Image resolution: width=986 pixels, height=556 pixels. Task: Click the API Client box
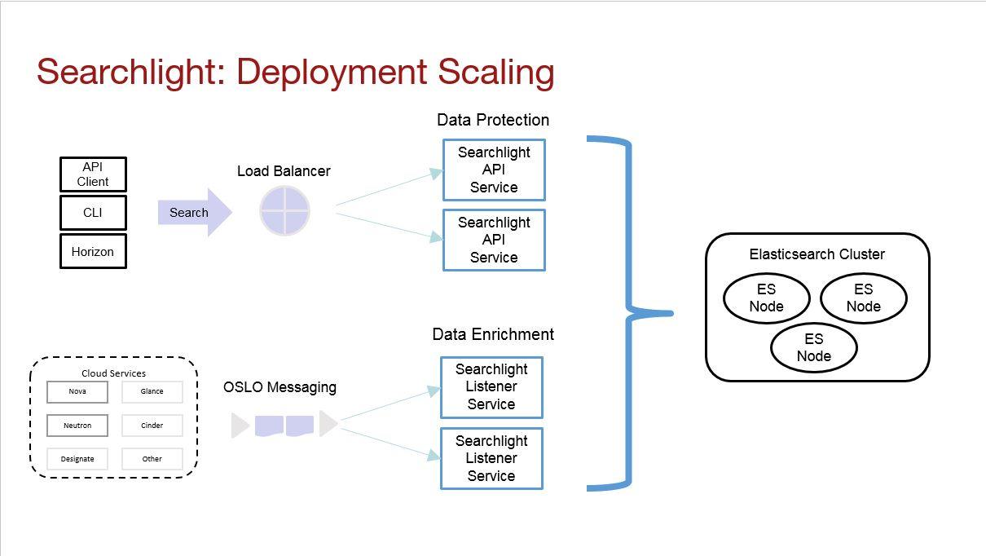pyautogui.click(x=93, y=174)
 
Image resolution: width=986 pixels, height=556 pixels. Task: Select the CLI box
pyautogui.click(x=93, y=213)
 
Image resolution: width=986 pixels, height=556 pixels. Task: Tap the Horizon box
pyautogui.click(x=93, y=251)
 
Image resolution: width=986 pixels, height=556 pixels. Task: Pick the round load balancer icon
pyautogui.click(x=284, y=210)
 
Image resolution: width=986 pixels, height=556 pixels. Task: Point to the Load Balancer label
pyautogui.click(x=284, y=171)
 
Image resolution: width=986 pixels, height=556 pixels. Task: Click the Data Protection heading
pyautogui.click(x=493, y=120)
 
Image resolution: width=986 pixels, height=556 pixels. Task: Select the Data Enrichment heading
pyautogui.click(x=493, y=334)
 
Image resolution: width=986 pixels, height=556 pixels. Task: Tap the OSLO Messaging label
pyautogui.click(x=280, y=387)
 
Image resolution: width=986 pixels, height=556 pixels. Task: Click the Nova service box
pyautogui.click(x=77, y=391)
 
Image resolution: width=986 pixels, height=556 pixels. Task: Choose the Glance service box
pyautogui.click(x=152, y=391)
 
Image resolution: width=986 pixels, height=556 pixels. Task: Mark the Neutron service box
pyautogui.click(x=77, y=426)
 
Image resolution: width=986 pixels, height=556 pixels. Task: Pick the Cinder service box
pyautogui.click(x=152, y=426)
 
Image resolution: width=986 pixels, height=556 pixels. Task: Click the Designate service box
pyautogui.click(x=77, y=459)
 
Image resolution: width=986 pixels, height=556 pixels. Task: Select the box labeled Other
pyautogui.click(x=152, y=459)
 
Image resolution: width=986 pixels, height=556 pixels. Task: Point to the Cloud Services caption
pyautogui.click(x=114, y=373)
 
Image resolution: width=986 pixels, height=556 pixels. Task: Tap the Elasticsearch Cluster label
pyautogui.click(x=817, y=254)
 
